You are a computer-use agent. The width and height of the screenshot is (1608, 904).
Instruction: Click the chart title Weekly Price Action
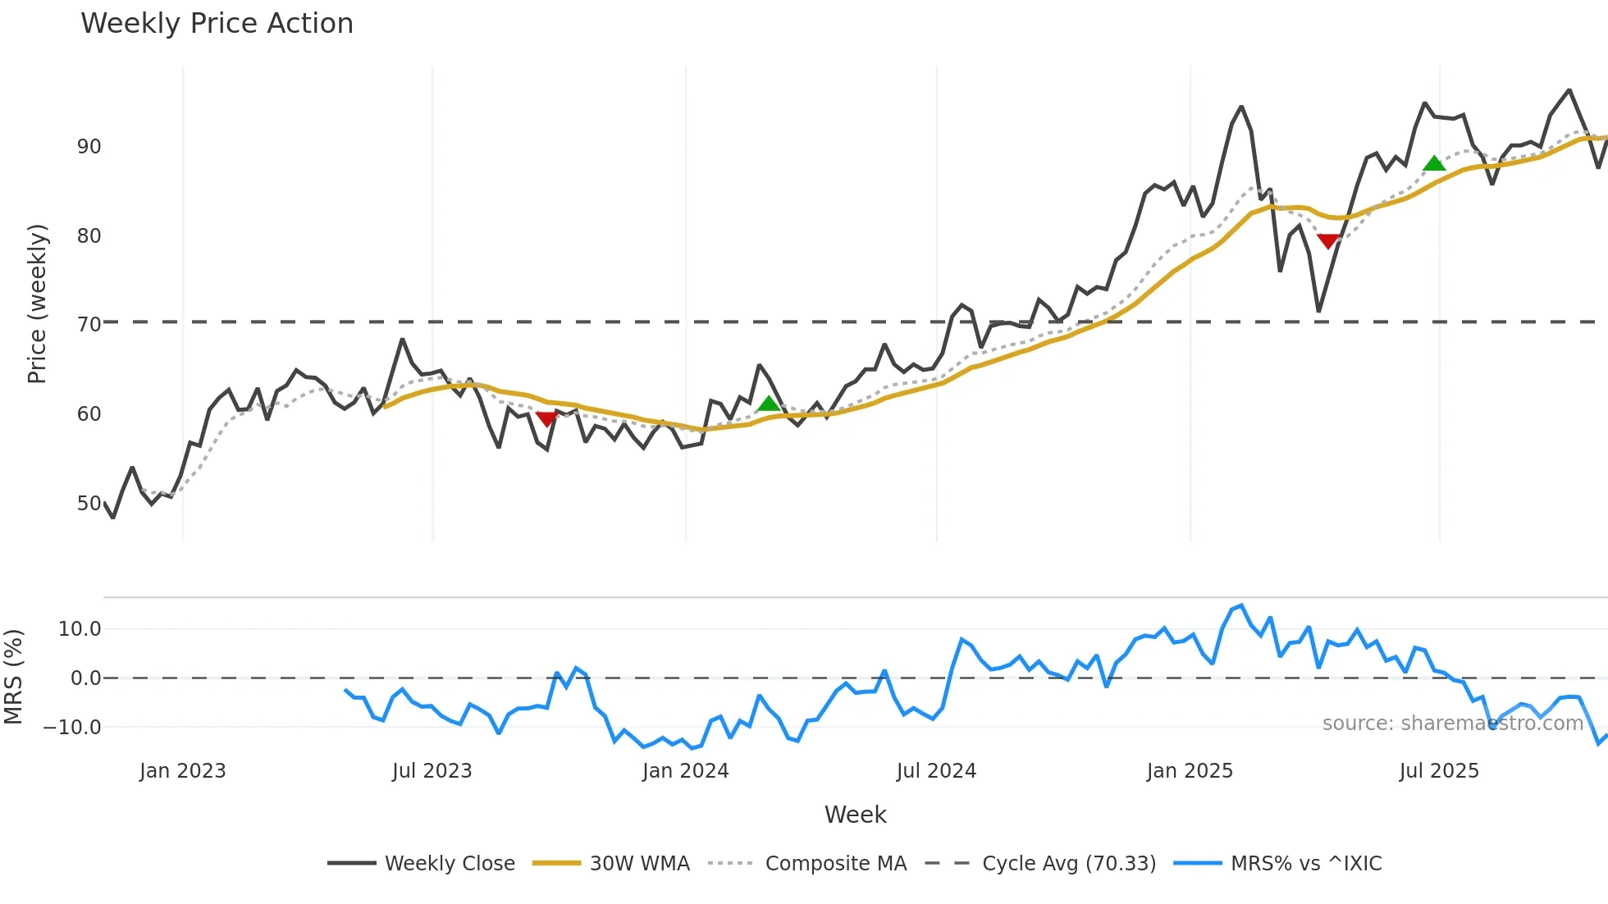pyautogui.click(x=217, y=24)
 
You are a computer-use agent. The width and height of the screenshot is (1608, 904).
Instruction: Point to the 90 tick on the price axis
pyautogui.click(x=89, y=147)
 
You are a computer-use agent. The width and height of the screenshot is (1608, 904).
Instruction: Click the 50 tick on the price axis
pyautogui.click(x=89, y=504)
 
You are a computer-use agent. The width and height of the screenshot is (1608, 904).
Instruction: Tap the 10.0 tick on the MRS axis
pyautogui.click(x=80, y=629)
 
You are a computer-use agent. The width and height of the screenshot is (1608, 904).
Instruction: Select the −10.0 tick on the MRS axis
pyautogui.click(x=72, y=728)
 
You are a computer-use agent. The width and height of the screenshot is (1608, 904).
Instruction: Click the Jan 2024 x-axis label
pyautogui.click(x=685, y=771)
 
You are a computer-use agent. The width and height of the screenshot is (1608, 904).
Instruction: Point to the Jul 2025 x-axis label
pyautogui.click(x=1439, y=771)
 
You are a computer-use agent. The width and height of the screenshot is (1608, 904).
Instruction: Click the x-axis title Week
pyautogui.click(x=855, y=815)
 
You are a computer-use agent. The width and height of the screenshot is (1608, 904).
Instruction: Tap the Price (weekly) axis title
pyautogui.click(x=37, y=304)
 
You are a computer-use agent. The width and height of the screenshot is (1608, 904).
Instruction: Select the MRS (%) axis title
pyautogui.click(x=13, y=677)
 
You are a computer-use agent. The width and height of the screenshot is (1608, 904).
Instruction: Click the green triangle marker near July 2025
pyautogui.click(x=1434, y=164)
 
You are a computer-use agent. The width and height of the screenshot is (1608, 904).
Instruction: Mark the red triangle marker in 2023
pyautogui.click(x=546, y=418)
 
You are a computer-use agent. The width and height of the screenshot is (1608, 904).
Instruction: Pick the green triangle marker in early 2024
pyautogui.click(x=769, y=403)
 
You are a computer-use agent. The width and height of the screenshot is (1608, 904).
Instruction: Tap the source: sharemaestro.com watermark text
pyautogui.click(x=1452, y=724)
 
